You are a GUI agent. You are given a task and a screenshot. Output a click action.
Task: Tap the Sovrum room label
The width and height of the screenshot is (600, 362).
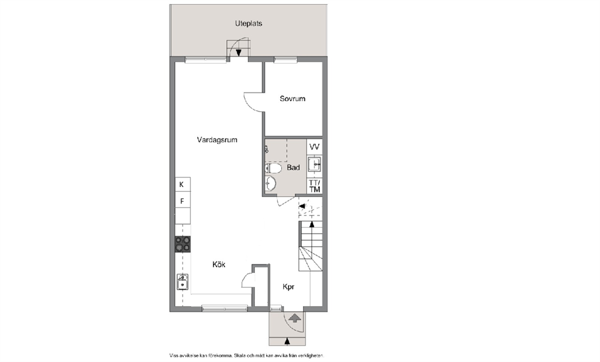292,99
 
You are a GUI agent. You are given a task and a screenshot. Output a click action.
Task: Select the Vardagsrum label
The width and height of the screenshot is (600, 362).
217,140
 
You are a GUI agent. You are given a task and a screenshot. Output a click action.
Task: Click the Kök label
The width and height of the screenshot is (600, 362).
219,265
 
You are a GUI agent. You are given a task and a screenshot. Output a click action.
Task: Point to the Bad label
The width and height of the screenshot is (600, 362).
293,168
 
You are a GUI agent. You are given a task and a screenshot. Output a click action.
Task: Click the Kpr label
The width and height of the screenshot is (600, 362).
289,286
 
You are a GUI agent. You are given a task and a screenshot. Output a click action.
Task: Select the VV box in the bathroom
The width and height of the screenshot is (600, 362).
315,146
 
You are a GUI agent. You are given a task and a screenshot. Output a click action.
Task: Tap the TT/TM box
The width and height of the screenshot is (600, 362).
315,186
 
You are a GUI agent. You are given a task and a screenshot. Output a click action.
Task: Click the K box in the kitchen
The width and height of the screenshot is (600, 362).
183,185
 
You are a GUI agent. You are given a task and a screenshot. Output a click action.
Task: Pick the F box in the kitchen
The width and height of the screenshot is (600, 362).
183,200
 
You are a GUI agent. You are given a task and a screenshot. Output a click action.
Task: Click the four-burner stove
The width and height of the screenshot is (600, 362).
183,244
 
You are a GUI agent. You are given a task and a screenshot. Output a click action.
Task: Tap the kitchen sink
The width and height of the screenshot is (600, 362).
183,282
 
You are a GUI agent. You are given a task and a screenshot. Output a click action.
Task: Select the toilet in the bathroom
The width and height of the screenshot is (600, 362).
273,168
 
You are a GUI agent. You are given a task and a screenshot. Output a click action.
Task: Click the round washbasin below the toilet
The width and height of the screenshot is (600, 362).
270,183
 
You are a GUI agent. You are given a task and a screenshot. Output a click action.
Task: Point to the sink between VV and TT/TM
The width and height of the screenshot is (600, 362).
315,165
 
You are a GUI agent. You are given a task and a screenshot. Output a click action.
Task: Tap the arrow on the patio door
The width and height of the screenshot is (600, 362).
238,53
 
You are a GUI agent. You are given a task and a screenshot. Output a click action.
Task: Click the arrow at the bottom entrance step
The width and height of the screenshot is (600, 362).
287,341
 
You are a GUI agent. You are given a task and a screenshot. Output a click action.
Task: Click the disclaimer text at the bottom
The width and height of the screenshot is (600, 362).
247,355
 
